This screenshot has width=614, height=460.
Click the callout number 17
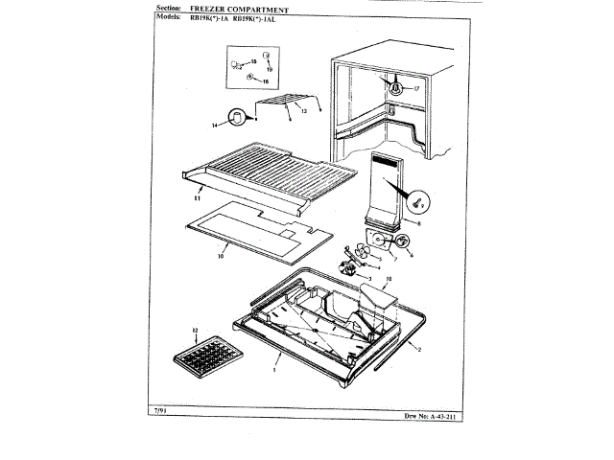(x=417, y=88)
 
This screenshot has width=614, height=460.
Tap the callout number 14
(x=216, y=125)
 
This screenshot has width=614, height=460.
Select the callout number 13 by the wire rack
(x=303, y=112)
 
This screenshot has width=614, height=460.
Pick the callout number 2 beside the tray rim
(x=419, y=351)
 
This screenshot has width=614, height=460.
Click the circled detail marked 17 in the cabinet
(x=393, y=86)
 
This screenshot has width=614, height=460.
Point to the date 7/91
(x=161, y=412)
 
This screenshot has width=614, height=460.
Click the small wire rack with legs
(x=287, y=103)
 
